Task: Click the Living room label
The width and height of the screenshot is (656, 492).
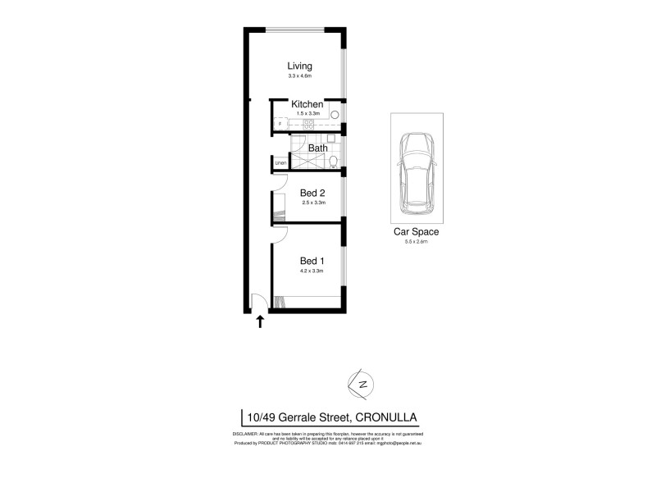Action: point(300,66)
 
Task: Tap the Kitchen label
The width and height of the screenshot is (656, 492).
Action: point(307,105)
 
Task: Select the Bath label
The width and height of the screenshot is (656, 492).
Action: point(317,148)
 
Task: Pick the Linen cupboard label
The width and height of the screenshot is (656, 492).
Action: point(280,164)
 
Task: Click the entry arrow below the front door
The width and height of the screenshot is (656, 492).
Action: point(261,321)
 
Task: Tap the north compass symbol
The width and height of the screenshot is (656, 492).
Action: point(361,384)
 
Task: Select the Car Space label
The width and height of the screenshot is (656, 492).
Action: point(417,232)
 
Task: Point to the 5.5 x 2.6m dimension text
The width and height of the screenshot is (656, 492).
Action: point(417,242)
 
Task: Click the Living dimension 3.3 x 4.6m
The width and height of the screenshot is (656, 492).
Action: point(300,76)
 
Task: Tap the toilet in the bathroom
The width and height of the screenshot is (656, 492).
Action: point(334,159)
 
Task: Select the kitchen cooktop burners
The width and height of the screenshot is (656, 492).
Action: point(307,124)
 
